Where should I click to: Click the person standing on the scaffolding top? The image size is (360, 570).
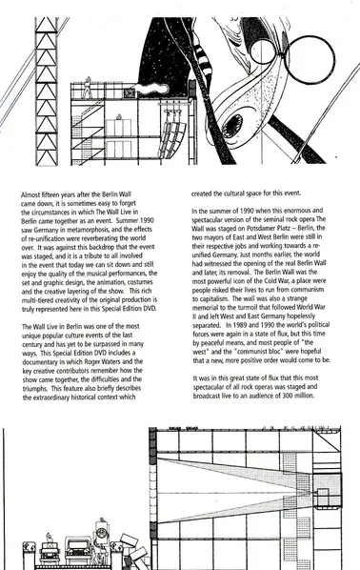pyautogui.click(x=88, y=88)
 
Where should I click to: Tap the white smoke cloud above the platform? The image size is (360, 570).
pyautogui.click(x=152, y=89)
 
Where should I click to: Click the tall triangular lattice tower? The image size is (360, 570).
pyautogui.click(x=46, y=91)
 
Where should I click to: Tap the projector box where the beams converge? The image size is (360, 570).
pyautogui.click(x=322, y=495)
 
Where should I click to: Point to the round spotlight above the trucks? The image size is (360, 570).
pyautogui.click(x=103, y=533)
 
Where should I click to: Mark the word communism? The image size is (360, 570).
pyautogui.click(x=307, y=290)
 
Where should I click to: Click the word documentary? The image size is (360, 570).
pyautogui.click(x=40, y=362)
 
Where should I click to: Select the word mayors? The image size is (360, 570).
pyautogui.click(x=211, y=237)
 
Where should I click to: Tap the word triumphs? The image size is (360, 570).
pyautogui.click(x=35, y=389)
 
